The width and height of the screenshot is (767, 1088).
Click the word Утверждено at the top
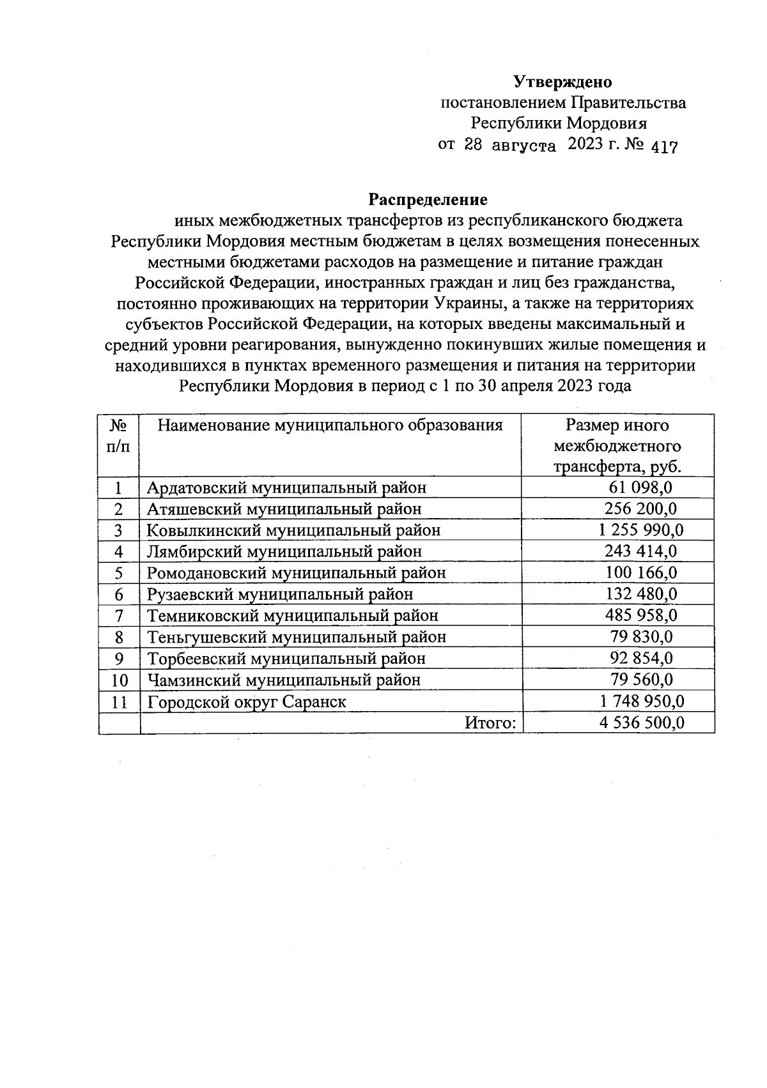562,82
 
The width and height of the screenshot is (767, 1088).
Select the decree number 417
663,146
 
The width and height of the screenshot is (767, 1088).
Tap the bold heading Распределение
428,200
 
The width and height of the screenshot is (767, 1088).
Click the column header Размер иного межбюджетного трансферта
617,446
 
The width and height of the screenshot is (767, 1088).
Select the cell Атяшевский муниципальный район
284,509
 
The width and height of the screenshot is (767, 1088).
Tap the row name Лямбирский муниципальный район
284,551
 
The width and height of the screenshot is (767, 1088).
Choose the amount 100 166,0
641,572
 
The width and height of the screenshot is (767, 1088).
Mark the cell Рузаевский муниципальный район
280,594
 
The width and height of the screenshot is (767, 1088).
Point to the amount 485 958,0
641,615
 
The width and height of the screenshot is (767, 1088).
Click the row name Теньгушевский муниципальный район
297,637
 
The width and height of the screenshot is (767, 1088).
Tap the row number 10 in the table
120,680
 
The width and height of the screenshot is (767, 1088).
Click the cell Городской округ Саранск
247,701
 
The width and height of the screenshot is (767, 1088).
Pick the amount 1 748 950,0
641,701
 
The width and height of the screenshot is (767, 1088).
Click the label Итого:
490,723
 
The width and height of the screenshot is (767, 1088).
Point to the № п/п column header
119,436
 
